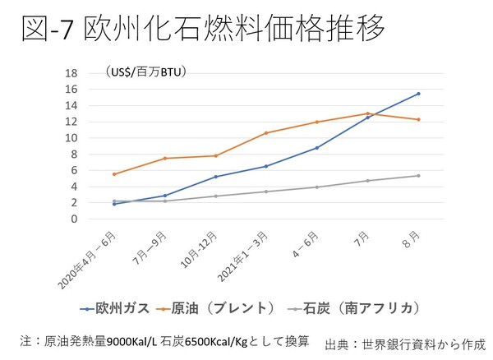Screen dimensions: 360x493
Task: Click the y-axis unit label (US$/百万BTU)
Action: click(x=146, y=72)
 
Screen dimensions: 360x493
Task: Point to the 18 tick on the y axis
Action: click(x=72, y=73)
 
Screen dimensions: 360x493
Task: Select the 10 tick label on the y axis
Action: click(x=72, y=138)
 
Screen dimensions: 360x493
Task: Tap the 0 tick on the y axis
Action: click(x=74, y=219)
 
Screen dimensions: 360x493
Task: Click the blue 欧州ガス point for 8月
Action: click(x=418, y=94)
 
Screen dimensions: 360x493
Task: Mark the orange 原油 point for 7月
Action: click(x=367, y=113)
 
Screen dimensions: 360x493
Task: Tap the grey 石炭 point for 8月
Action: click(x=418, y=175)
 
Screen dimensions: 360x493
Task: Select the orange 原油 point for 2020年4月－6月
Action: click(x=114, y=174)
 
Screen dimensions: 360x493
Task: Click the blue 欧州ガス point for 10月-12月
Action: click(x=215, y=177)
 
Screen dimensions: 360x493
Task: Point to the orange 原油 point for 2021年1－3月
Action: click(x=266, y=133)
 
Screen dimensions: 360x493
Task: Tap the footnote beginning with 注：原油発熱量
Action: click(x=164, y=339)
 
